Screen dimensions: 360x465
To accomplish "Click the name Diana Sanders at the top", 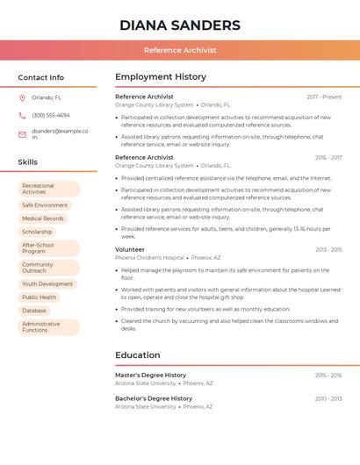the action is (180, 25).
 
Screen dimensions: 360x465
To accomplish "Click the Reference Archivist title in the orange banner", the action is (180, 50).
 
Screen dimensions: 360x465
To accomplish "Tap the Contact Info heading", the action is (40, 77).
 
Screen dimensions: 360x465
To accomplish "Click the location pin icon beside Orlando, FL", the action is (22, 97).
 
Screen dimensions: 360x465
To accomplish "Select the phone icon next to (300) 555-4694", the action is (22, 115).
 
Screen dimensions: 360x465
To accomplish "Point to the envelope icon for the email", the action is (22, 134).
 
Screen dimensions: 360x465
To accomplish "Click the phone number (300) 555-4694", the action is (51, 115).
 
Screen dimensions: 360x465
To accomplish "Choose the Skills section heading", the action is (28, 162).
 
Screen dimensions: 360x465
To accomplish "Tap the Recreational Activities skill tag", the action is (48, 189).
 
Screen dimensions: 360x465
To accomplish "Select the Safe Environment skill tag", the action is (45, 205).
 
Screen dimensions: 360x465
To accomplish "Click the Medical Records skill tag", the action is (43, 218).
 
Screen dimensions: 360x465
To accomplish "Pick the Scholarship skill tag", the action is (37, 232).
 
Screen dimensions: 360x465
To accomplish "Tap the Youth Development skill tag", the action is (47, 284).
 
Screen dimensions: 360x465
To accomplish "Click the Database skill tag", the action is (34, 311).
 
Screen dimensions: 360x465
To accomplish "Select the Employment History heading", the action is (161, 77).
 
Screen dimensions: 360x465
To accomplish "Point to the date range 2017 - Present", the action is (324, 97).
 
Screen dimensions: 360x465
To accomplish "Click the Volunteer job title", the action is (130, 249).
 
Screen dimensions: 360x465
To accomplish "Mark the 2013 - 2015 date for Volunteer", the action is (328, 250).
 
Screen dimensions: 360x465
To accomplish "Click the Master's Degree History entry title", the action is (150, 375).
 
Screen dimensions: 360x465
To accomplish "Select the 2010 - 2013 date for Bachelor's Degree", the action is (328, 398).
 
